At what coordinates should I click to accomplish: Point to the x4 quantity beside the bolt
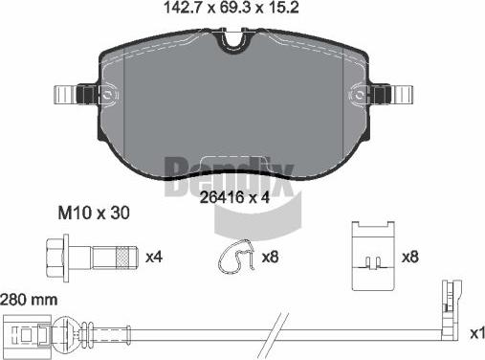pyautogui.click(x=154, y=257)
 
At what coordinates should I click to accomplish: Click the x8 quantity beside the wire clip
pyautogui.click(x=271, y=258)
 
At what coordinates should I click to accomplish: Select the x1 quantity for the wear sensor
pyautogui.click(x=475, y=332)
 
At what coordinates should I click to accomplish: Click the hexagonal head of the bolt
pyautogui.click(x=54, y=258)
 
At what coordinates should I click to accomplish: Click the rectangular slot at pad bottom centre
pyautogui.click(x=231, y=164)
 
